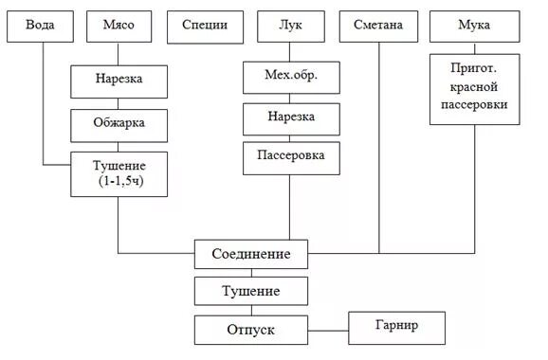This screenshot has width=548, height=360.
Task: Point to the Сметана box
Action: click(379, 25)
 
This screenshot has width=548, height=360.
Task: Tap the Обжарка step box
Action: click(119, 124)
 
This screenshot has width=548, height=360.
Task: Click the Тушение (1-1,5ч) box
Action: click(119, 173)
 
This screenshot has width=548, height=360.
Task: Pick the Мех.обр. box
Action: click(291, 75)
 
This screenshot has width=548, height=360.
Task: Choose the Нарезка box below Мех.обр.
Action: click(291, 117)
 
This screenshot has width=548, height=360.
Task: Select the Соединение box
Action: click(251, 255)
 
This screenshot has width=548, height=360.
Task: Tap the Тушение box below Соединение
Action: click(251, 290)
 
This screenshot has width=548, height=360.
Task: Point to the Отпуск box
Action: click(251, 330)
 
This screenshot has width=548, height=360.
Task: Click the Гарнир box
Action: click(397, 327)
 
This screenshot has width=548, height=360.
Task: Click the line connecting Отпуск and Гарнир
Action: click(328, 331)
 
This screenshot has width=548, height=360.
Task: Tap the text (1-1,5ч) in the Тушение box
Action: click(120, 181)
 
